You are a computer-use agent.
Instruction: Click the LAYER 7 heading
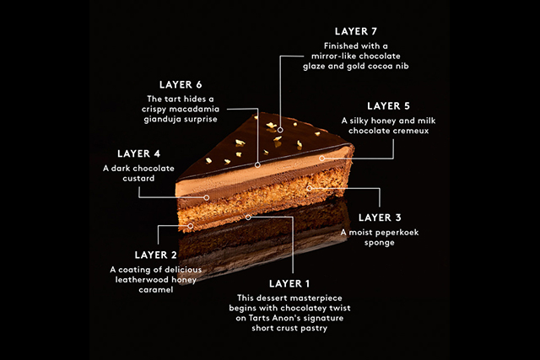click(x=356, y=31)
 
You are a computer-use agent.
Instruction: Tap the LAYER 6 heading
click(x=181, y=84)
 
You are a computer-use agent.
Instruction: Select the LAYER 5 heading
click(x=388, y=106)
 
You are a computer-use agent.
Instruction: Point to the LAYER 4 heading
click(x=138, y=153)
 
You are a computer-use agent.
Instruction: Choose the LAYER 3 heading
click(x=380, y=218)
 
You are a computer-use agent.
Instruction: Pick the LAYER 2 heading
click(x=155, y=255)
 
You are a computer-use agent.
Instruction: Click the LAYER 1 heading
click(x=289, y=283)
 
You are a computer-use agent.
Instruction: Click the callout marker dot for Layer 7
click(x=280, y=130)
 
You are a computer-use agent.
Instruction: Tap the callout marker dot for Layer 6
click(x=257, y=165)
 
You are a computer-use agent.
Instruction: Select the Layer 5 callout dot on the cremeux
click(x=322, y=159)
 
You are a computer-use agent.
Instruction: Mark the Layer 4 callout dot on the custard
click(x=206, y=197)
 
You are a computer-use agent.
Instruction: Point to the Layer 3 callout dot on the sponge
click(x=310, y=188)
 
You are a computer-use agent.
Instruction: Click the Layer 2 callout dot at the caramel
click(x=191, y=226)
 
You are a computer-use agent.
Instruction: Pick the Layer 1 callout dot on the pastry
click(x=248, y=218)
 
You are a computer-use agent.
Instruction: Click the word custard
click(x=138, y=178)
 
